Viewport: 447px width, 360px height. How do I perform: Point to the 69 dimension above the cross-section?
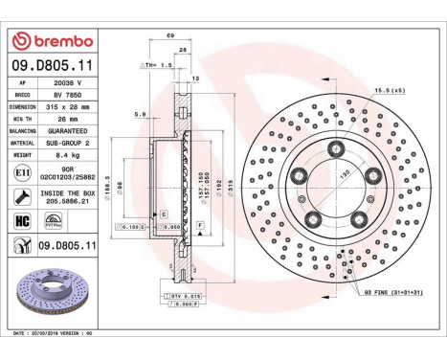pyautogui.click(x=169, y=35)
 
